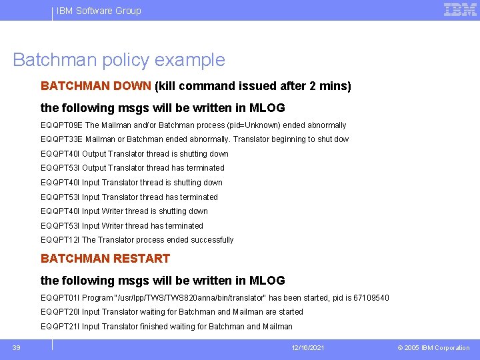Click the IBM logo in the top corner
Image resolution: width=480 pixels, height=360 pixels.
pos(460,9)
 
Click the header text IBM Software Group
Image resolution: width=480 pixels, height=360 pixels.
pos(99,11)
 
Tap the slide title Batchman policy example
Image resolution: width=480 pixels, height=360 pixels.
pos(119,60)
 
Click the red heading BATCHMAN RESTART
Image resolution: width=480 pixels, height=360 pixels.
pos(105,259)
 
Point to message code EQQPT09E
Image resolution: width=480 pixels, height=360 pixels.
pos(61,125)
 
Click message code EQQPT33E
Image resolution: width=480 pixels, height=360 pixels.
pos(61,139)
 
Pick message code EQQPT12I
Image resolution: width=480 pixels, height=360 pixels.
pos(61,240)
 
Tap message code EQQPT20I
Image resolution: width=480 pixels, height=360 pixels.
pos(61,312)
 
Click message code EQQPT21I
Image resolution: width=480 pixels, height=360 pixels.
pos(61,327)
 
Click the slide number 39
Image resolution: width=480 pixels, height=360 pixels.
pos(16,347)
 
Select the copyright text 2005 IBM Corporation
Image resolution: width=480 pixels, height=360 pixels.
pos(438,348)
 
